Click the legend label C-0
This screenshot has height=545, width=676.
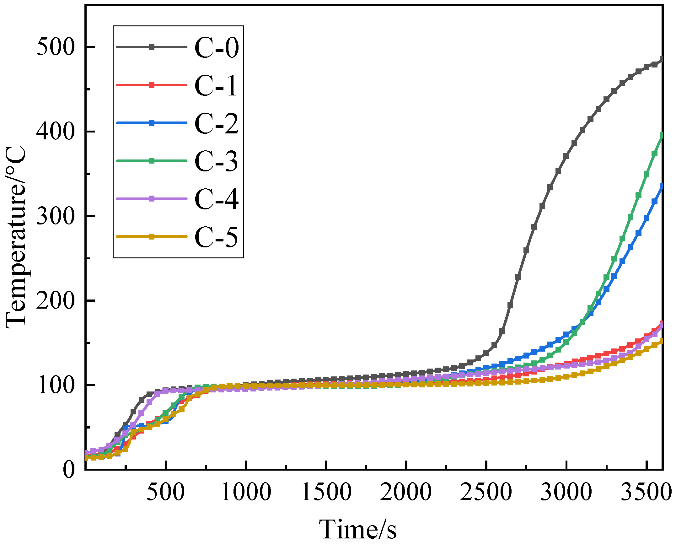click(217, 47)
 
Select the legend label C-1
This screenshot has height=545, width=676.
click(216, 85)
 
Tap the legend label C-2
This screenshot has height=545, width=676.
click(217, 123)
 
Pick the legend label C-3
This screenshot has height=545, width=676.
click(217, 161)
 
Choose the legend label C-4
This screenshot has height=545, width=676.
click(217, 199)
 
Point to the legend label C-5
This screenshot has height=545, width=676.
click(217, 237)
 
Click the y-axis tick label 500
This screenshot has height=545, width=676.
click(56, 47)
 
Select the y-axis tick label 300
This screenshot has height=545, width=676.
click(56, 216)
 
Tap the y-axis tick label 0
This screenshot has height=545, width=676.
click(69, 470)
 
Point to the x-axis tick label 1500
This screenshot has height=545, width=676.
click(326, 492)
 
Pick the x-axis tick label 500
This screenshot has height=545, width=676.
click(166, 492)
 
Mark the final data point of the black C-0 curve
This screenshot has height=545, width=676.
click(662, 59)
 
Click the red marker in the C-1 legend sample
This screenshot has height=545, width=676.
click(152, 85)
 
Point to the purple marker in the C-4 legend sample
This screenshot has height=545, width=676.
click(152, 199)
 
